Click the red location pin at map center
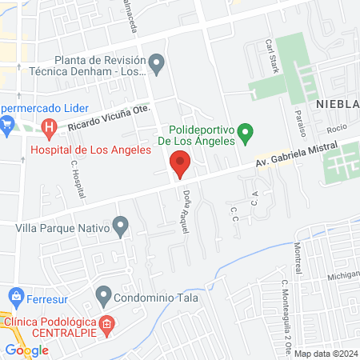(x=180, y=165)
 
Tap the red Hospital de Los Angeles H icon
(x=50, y=126)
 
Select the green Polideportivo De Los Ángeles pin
(x=246, y=130)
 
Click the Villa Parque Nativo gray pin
(x=120, y=227)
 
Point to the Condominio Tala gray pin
(x=103, y=294)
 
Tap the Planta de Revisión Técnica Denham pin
(x=157, y=62)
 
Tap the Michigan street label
(x=342, y=276)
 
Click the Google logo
(x=26, y=350)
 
